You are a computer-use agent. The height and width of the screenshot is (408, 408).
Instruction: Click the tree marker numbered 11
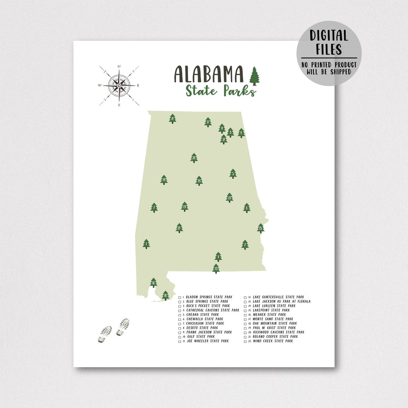click(173, 118)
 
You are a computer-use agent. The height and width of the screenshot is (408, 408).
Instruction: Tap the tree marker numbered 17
click(208, 122)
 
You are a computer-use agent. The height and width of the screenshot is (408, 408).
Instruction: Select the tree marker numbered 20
click(194, 158)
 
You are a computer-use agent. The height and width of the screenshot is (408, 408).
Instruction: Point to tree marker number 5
click(233, 174)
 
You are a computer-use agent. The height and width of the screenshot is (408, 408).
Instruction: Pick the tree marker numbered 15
click(261, 228)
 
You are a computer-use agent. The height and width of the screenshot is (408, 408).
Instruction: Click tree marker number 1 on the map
click(146, 244)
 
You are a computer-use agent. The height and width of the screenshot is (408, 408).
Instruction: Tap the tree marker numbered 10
click(166, 295)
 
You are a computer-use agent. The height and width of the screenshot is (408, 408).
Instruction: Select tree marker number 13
click(216, 268)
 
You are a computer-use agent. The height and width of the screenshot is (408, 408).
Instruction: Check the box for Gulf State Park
click(180, 337)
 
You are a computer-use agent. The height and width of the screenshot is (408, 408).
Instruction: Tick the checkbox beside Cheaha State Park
click(180, 315)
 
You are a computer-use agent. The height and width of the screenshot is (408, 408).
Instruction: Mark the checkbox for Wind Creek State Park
click(246, 341)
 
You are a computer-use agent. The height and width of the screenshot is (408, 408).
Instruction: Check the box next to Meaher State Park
click(246, 315)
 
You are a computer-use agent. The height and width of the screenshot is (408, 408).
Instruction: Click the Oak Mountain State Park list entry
click(275, 324)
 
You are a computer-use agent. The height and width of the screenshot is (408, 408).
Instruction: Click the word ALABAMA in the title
click(209, 74)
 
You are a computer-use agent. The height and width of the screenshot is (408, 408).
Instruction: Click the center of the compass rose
click(118, 86)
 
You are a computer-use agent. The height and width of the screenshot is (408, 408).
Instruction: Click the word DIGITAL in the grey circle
click(329, 36)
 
